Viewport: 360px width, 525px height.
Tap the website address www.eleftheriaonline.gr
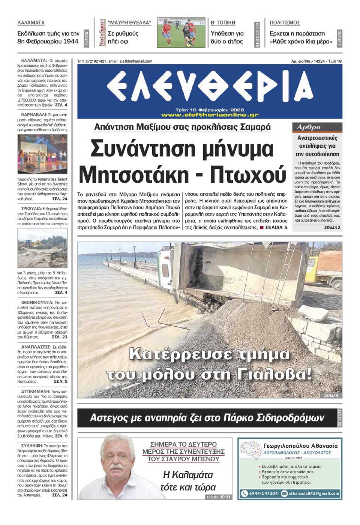coord(210,115)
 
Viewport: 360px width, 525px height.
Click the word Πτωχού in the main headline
coord(248,175)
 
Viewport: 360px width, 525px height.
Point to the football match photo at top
coord(181,33)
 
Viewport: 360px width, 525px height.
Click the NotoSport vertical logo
coord(102,33)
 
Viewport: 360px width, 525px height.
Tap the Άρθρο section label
coord(309,127)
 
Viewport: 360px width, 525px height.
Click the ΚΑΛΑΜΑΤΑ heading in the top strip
coord(31,23)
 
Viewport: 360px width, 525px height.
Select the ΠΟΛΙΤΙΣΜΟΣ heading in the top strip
coord(285,23)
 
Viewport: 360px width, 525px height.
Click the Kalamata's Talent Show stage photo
coord(42,154)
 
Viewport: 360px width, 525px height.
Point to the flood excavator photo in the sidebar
coord(42,248)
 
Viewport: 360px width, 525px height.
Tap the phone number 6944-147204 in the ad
coord(263,493)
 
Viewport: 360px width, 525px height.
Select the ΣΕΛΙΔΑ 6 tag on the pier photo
coord(331,395)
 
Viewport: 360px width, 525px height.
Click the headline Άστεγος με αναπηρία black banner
coord(207,418)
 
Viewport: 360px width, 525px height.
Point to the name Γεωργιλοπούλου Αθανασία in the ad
coord(300,446)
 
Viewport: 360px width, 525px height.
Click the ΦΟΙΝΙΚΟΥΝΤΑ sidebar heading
coord(37,302)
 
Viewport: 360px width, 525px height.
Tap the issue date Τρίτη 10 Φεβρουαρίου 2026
coord(210,110)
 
